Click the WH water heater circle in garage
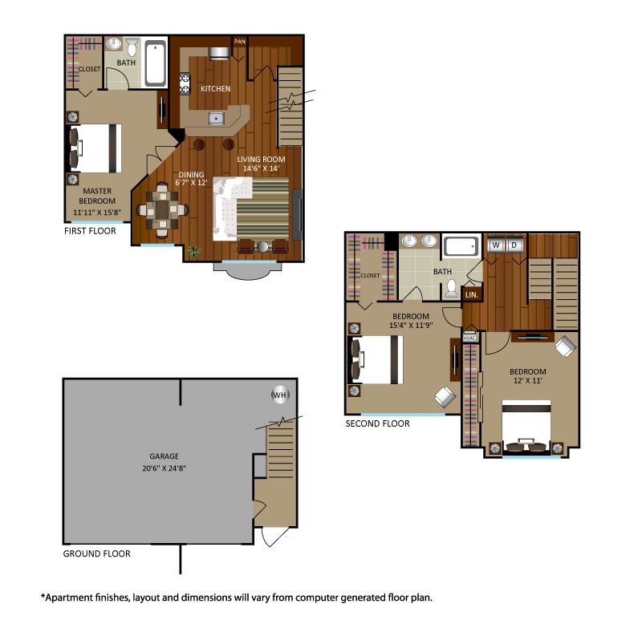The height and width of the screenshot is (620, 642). pyautogui.click(x=279, y=395)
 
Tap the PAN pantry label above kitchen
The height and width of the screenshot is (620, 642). pyautogui.click(x=239, y=41)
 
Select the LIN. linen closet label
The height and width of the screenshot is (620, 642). pyautogui.click(x=472, y=295)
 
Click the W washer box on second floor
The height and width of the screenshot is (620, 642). pyautogui.click(x=496, y=244)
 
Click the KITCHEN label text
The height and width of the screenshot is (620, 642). pyautogui.click(x=215, y=89)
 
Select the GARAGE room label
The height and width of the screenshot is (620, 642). pyautogui.click(x=163, y=456)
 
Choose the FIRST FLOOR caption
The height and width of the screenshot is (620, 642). pyautogui.click(x=90, y=231)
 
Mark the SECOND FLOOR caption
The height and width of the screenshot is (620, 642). pyautogui.click(x=377, y=423)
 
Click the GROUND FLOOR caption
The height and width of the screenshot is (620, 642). pyautogui.click(x=96, y=553)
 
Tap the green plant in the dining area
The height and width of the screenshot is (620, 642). pyautogui.click(x=193, y=251)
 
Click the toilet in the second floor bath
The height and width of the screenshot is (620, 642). pyautogui.click(x=452, y=288)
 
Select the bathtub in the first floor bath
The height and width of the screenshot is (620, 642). pyautogui.click(x=156, y=64)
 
